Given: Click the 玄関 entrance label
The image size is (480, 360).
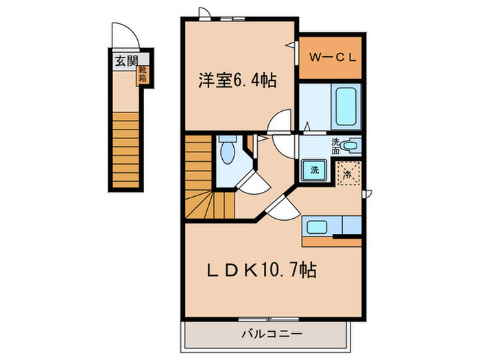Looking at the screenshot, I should coord(125,60).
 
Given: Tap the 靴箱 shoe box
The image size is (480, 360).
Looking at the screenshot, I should coord(143,73).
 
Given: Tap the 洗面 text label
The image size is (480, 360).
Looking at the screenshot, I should coord(336,145).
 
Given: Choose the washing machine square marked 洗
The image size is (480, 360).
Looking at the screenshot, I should coord(313,169).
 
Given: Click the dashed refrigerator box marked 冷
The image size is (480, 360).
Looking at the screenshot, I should coord(348,173).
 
